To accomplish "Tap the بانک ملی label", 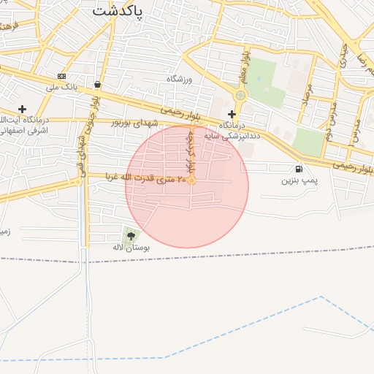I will click(61, 88).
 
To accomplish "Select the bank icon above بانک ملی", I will click(61, 76).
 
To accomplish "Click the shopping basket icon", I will click(97, 84).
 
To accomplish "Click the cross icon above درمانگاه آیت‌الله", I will click(22, 109).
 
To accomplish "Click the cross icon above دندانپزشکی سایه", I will click(232, 114).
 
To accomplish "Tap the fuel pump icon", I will click(299, 169).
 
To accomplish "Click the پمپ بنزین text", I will click(300, 180).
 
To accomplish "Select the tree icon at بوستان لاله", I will click(131, 235).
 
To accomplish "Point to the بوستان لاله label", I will click(131, 248).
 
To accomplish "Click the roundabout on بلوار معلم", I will click(240, 95).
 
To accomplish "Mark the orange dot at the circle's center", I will click(191, 180).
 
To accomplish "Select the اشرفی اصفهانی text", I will click(23, 131).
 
